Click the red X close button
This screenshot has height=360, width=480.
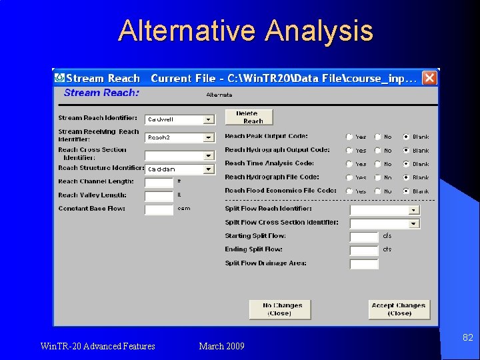click(x=430, y=78)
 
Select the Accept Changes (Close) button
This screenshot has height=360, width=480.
click(x=399, y=309)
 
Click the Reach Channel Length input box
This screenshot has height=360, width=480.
click(x=159, y=182)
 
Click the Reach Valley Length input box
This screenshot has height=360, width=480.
click(x=159, y=196)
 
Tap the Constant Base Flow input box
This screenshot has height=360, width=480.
click(x=159, y=209)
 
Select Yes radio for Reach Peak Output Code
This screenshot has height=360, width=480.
click(x=349, y=137)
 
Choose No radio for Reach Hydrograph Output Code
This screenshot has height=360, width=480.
click(x=377, y=151)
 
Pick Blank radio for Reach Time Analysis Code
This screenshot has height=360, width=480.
click(x=406, y=164)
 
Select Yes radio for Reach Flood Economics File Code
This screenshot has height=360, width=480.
click(x=349, y=191)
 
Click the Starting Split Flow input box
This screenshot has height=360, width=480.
click(x=364, y=237)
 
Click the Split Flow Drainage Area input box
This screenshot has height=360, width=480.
click(x=364, y=264)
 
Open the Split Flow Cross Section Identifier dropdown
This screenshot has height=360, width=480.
click(x=413, y=223)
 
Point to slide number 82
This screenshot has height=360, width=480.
click(x=468, y=338)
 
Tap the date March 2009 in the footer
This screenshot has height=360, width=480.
click(x=222, y=346)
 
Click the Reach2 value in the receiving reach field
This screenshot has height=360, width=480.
click(x=159, y=137)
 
